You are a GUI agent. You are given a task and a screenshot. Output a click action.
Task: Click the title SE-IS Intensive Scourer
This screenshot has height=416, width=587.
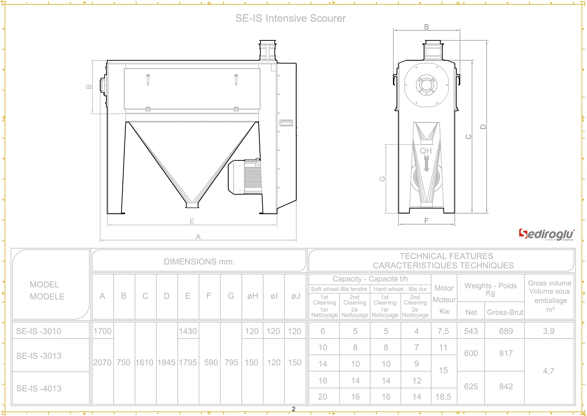[x=290, y=18]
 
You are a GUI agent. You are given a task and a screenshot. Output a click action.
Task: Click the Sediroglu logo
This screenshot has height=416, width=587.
[x=546, y=235]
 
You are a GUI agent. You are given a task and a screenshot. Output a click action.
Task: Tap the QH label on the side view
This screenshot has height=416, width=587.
[x=426, y=151]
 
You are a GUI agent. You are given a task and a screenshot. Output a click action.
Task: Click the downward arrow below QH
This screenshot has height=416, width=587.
[x=426, y=164]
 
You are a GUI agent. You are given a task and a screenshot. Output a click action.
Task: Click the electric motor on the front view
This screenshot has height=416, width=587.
[x=245, y=177]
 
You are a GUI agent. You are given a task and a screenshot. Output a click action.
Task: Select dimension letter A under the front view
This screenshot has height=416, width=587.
[x=198, y=237]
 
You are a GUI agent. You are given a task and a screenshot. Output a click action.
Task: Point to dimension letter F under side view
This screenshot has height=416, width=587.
[x=426, y=221]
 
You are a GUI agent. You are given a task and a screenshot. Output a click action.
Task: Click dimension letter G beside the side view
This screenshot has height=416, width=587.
[x=382, y=179]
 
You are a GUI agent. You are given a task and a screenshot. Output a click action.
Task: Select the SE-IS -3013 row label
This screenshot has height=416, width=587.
[x=39, y=356]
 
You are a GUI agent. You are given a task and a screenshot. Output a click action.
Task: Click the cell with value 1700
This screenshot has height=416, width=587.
[x=102, y=331]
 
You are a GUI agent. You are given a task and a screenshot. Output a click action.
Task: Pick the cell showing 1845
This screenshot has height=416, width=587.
[x=166, y=363]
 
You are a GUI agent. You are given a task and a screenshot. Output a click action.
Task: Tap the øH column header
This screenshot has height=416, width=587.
[x=253, y=296]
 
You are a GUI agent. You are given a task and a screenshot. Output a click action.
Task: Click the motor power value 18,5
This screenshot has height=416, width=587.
[x=443, y=397]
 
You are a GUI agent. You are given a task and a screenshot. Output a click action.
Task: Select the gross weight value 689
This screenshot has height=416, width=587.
[x=506, y=331]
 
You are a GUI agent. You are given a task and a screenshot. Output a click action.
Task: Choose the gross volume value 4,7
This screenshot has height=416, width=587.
[x=548, y=371]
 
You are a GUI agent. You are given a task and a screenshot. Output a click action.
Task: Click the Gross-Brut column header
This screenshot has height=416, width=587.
[x=505, y=312]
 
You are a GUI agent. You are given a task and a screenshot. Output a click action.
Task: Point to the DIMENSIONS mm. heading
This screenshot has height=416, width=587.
[x=199, y=261]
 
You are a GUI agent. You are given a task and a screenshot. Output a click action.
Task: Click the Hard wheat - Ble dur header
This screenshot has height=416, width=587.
[x=400, y=289]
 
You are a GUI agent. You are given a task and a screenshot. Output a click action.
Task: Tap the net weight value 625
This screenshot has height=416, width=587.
[x=471, y=387]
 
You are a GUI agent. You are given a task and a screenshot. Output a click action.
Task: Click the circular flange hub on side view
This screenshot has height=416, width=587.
[x=426, y=85]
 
